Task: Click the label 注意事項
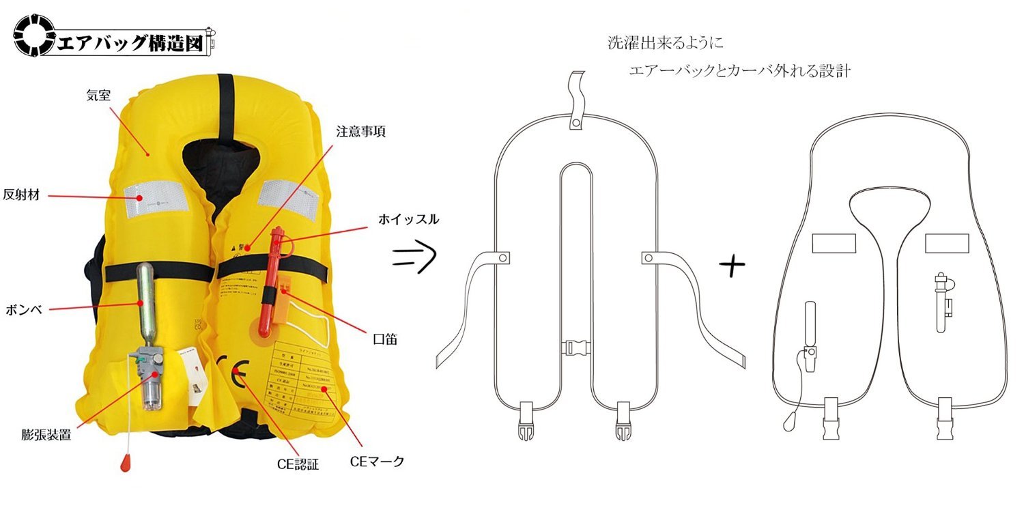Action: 360,132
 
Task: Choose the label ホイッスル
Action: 408,220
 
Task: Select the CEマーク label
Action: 377,462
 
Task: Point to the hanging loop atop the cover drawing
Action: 577,99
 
